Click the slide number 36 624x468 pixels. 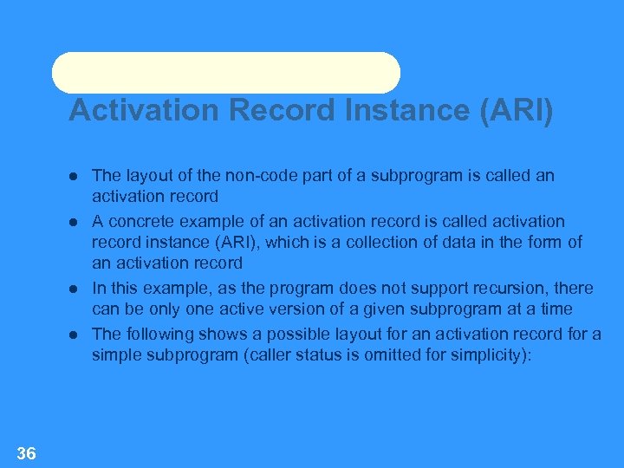point(26,452)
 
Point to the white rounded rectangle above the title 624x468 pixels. point(226,73)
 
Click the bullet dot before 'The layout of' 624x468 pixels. point(75,176)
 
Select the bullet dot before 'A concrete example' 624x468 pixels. point(75,223)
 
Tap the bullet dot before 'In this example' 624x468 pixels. point(75,289)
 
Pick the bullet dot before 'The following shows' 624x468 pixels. point(75,335)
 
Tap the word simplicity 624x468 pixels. point(491,354)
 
